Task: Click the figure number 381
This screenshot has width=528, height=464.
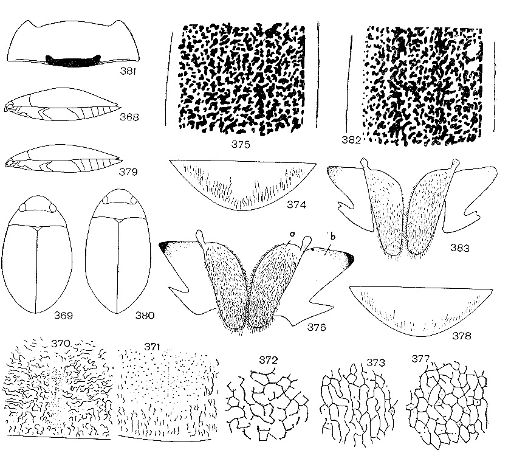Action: [x=128, y=71]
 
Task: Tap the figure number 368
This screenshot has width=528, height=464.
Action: [x=129, y=117]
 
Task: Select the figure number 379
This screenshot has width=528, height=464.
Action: [x=128, y=172]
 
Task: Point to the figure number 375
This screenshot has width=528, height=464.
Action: [x=241, y=144]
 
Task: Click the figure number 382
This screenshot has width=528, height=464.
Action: [x=351, y=139]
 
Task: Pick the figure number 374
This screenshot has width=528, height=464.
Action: [x=297, y=204]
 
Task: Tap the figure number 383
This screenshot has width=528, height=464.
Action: [x=459, y=248]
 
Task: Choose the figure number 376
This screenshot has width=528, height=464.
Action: [x=317, y=327]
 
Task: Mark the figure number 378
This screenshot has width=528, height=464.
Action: [x=461, y=336]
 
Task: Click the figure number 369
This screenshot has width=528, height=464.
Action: [x=64, y=316]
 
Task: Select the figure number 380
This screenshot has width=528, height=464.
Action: [x=145, y=316]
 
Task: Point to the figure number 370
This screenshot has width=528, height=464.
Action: [x=61, y=344]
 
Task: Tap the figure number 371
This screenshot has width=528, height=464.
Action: [x=152, y=347]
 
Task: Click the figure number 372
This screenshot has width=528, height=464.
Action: [x=269, y=360]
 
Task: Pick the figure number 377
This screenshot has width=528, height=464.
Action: [x=420, y=359]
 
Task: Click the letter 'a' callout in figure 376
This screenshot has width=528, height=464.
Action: [x=292, y=234]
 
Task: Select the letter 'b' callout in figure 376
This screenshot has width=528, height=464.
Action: [x=333, y=237]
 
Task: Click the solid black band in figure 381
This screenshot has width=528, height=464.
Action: [x=73, y=61]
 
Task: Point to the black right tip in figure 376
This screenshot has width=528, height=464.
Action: [x=349, y=258]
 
